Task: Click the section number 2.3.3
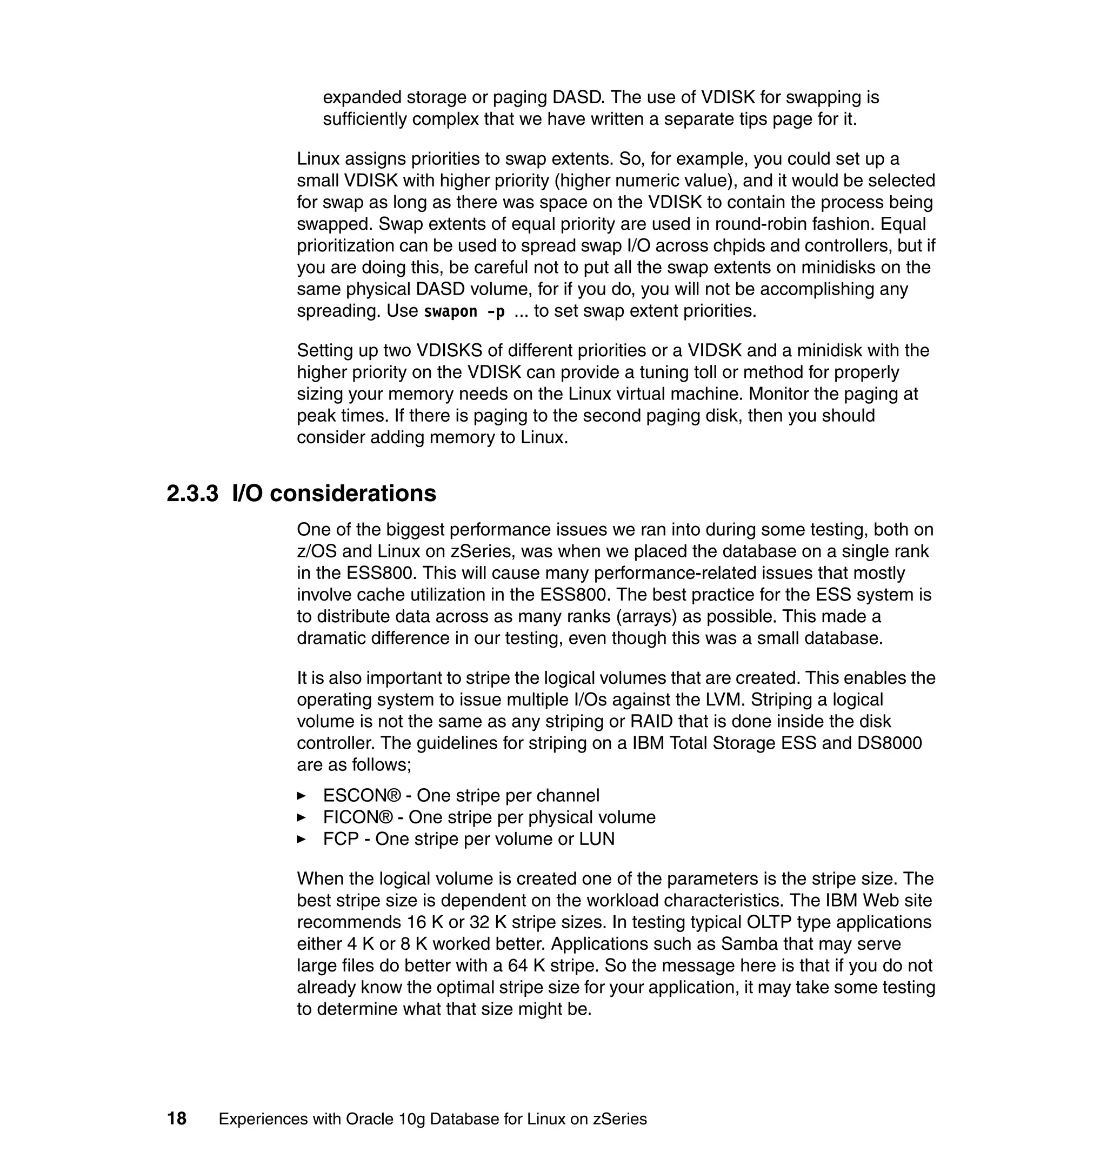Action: click(192, 494)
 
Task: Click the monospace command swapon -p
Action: click(464, 311)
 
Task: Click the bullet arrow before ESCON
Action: click(302, 796)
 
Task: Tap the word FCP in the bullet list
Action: click(341, 839)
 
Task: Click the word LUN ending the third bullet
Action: click(597, 839)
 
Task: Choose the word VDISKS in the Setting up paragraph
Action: click(451, 350)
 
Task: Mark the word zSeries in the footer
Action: click(619, 1120)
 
